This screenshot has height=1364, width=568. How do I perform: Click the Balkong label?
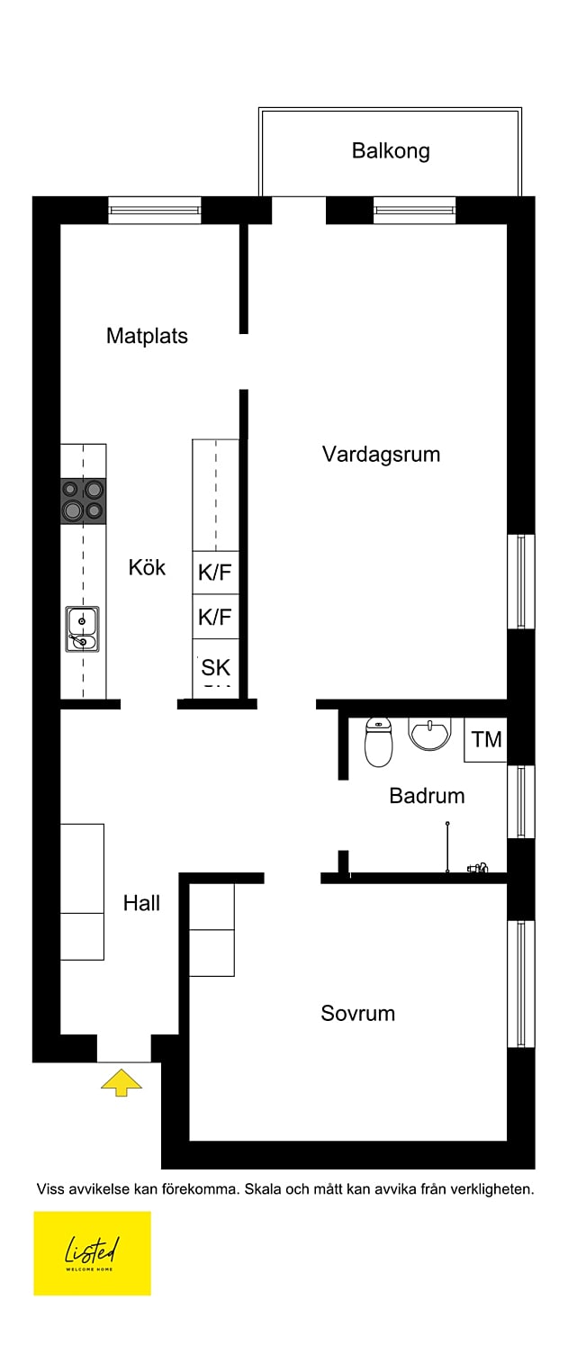point(391,151)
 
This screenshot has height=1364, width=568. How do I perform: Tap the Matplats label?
point(147,336)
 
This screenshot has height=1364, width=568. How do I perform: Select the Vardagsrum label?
point(381,454)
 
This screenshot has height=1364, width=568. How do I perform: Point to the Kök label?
point(147,567)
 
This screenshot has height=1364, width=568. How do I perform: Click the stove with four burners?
point(83,501)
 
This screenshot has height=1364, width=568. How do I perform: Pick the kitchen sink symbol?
point(82,629)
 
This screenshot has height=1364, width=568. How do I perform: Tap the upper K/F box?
point(215,573)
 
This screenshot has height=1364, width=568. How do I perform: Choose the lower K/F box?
point(215,617)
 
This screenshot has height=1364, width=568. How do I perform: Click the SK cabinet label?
point(216,667)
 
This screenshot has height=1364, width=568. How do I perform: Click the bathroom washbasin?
point(429,733)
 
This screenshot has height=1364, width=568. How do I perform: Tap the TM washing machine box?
point(486,739)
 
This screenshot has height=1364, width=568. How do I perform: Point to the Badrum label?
point(427,796)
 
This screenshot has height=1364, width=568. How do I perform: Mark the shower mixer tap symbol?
point(476,868)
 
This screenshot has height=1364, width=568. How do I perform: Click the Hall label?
point(141,903)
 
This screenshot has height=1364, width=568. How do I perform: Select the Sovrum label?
point(357,1013)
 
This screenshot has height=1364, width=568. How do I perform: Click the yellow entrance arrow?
point(122,1081)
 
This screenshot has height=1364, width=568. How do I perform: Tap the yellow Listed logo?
point(92,1252)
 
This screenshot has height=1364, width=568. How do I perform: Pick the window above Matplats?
point(154,211)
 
